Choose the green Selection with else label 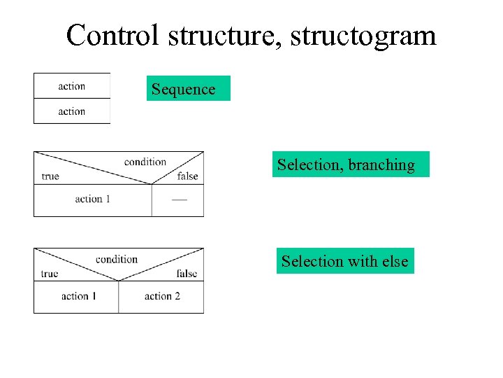(345, 261)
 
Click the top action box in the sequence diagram (72, 86)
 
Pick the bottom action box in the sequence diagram (72, 111)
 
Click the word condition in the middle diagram (145, 162)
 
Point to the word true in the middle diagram (50, 176)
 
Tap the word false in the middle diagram (187, 176)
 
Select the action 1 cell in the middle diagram (93, 199)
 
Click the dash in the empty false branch (179, 199)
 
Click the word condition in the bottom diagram (117, 259)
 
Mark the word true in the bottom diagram (50, 274)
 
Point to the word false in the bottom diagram (187, 274)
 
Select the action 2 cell (161, 297)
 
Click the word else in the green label (395, 261)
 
